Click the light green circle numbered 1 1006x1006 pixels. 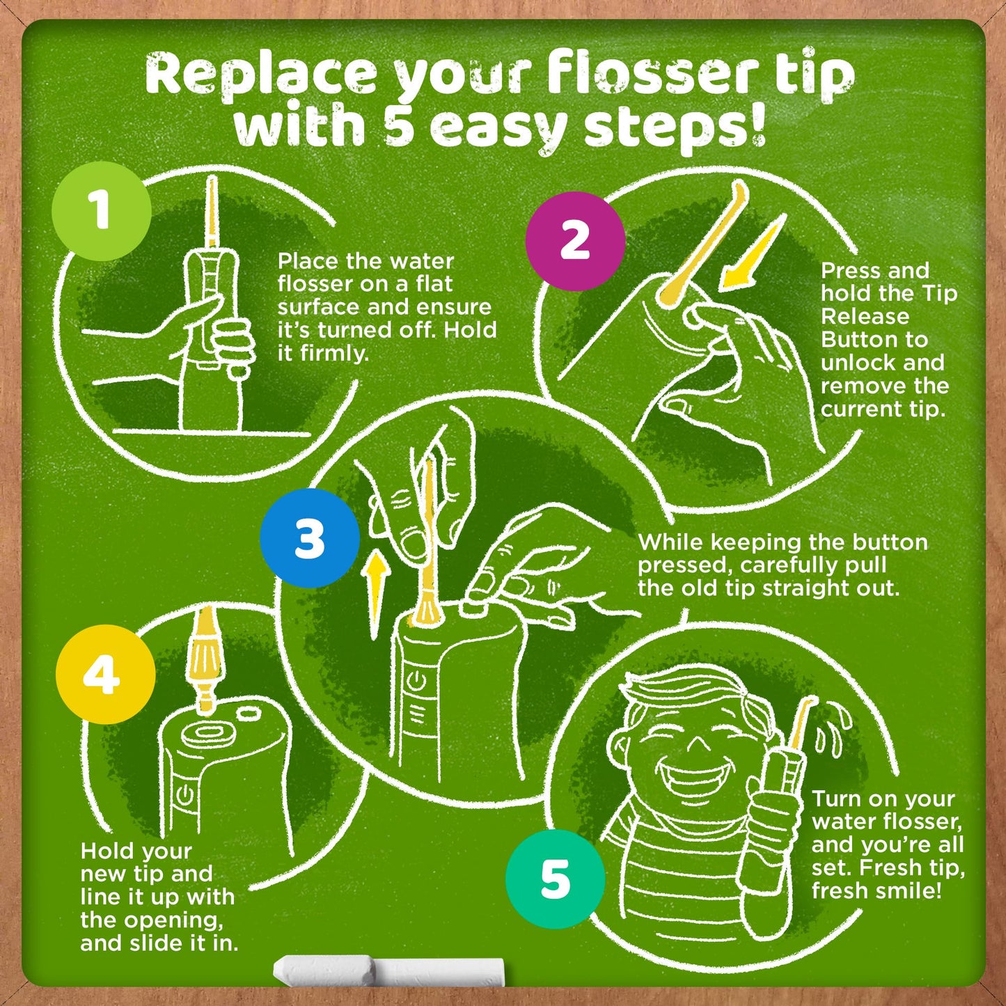pyautogui.click(x=102, y=211)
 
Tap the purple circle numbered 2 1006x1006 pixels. pyautogui.click(x=575, y=241)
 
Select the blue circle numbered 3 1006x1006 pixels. pyautogui.click(x=310, y=538)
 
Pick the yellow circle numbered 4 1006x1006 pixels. pyautogui.click(x=106, y=675)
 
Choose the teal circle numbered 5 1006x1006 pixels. pyautogui.click(x=556, y=880)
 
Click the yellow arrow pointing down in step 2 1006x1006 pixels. pyautogui.click(x=752, y=254)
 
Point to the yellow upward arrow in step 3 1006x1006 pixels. pyautogui.click(x=377, y=595)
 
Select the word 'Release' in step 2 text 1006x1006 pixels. pyautogui.click(x=865, y=317)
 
